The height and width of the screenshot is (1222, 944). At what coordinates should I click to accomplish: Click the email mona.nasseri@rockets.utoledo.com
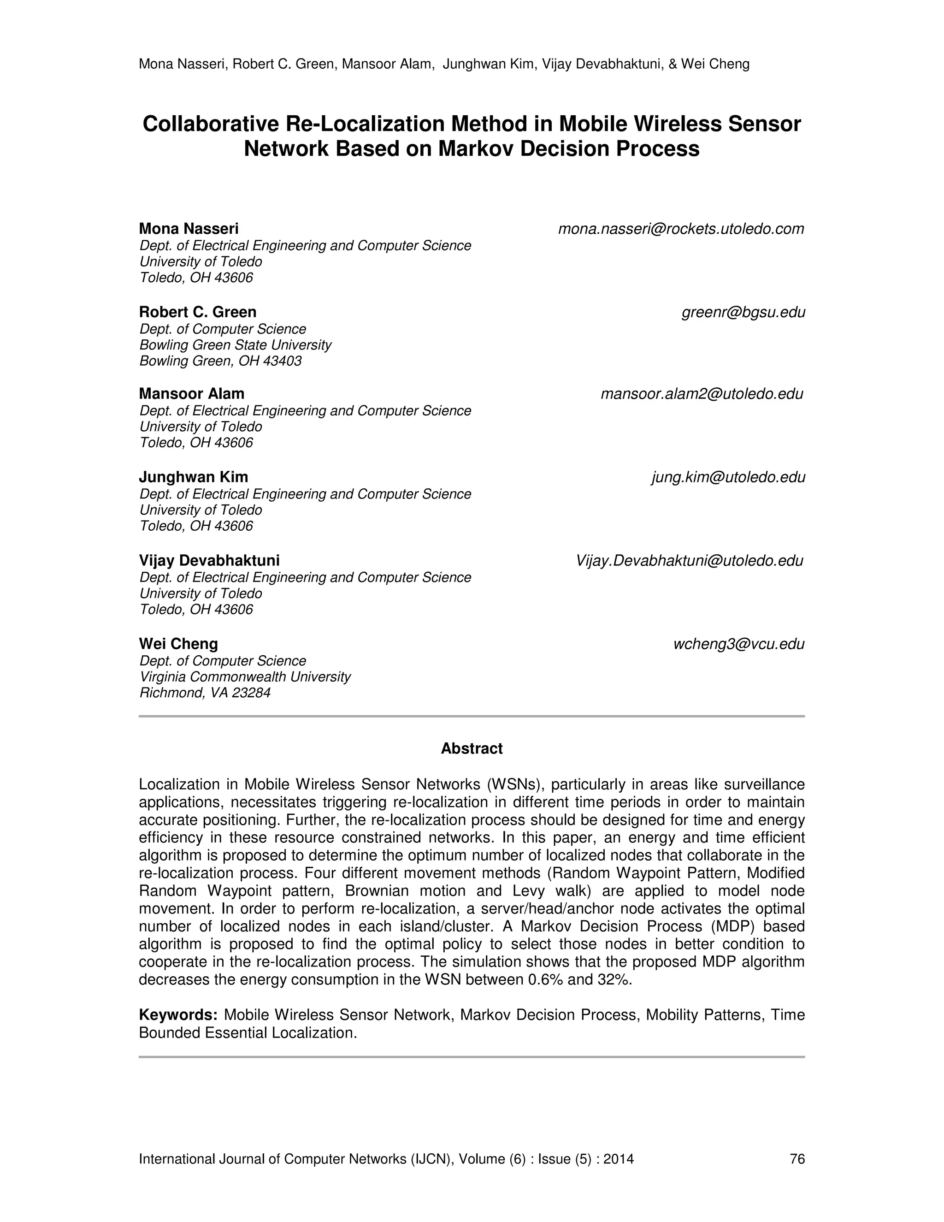(x=681, y=229)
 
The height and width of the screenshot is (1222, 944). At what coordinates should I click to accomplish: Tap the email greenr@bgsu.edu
(x=743, y=312)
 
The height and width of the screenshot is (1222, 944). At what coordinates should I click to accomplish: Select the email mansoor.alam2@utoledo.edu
(x=702, y=394)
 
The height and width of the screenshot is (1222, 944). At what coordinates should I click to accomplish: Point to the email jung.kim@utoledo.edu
(x=728, y=477)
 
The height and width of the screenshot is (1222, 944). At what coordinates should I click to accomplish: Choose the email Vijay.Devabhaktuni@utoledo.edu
(x=690, y=561)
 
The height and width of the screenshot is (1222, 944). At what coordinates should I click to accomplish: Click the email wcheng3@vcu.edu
(x=739, y=644)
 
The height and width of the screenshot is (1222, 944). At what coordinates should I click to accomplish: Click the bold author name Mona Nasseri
(x=189, y=229)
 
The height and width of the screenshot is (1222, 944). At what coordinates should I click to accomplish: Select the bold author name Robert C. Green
(x=197, y=312)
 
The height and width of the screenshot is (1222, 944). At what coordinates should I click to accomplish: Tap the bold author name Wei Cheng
(x=178, y=644)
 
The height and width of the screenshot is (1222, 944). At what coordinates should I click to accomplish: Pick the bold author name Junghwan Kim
(x=194, y=477)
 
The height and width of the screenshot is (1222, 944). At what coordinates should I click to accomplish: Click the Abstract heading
(x=472, y=748)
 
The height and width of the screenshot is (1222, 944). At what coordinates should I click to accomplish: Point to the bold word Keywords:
(x=178, y=1015)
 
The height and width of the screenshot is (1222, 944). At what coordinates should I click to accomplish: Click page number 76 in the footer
(x=797, y=1159)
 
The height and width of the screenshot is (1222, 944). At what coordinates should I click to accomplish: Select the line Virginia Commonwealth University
(x=245, y=677)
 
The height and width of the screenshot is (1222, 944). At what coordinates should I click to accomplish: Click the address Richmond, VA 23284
(x=205, y=693)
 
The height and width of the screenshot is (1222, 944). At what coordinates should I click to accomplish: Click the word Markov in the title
(x=475, y=149)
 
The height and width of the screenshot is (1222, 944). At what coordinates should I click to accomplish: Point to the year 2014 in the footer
(x=619, y=1159)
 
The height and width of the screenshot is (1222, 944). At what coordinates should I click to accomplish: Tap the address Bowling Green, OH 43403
(x=220, y=361)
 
